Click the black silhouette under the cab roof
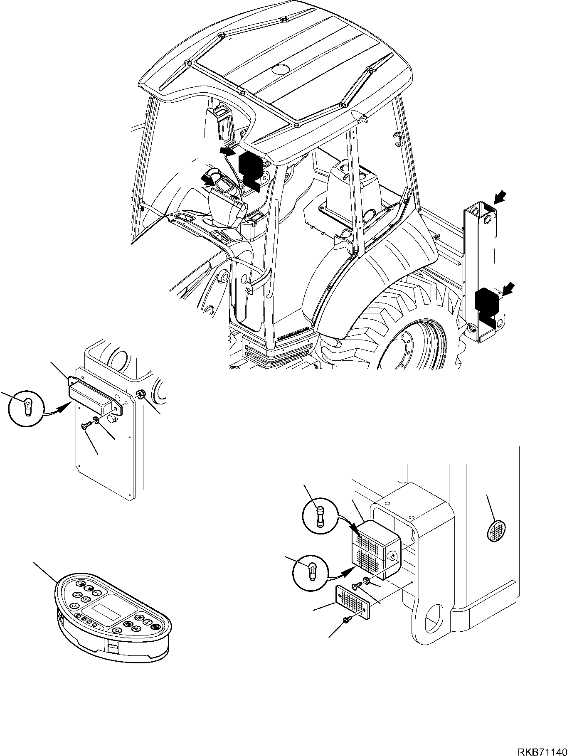pos(251,168)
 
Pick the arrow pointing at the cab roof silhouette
pos(227,151)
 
